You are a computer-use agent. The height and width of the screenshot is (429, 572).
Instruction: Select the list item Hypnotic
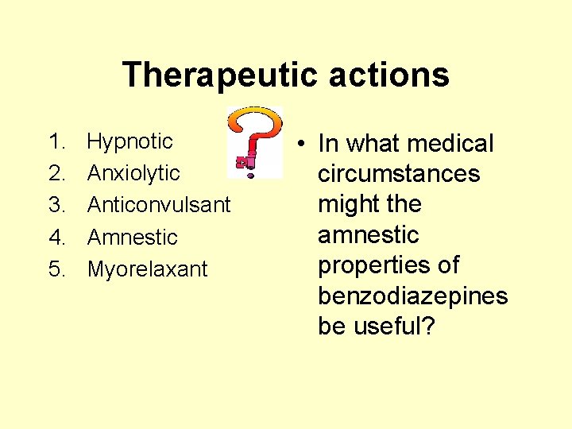(x=129, y=142)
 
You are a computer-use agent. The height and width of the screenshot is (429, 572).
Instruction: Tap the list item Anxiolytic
(x=133, y=173)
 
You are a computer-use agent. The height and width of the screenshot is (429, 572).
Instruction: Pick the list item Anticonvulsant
(x=159, y=205)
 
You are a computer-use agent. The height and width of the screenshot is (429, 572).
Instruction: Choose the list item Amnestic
(x=132, y=237)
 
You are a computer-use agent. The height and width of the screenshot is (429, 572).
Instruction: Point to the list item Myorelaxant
(x=147, y=269)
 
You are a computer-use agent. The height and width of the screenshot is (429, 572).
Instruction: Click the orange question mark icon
(x=254, y=141)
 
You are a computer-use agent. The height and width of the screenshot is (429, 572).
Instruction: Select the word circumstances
(x=399, y=174)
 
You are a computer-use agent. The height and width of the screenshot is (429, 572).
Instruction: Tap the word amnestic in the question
(x=368, y=235)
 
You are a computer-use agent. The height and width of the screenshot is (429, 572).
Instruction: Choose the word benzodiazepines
(x=412, y=296)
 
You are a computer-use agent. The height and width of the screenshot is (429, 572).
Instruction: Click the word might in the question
(x=344, y=204)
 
